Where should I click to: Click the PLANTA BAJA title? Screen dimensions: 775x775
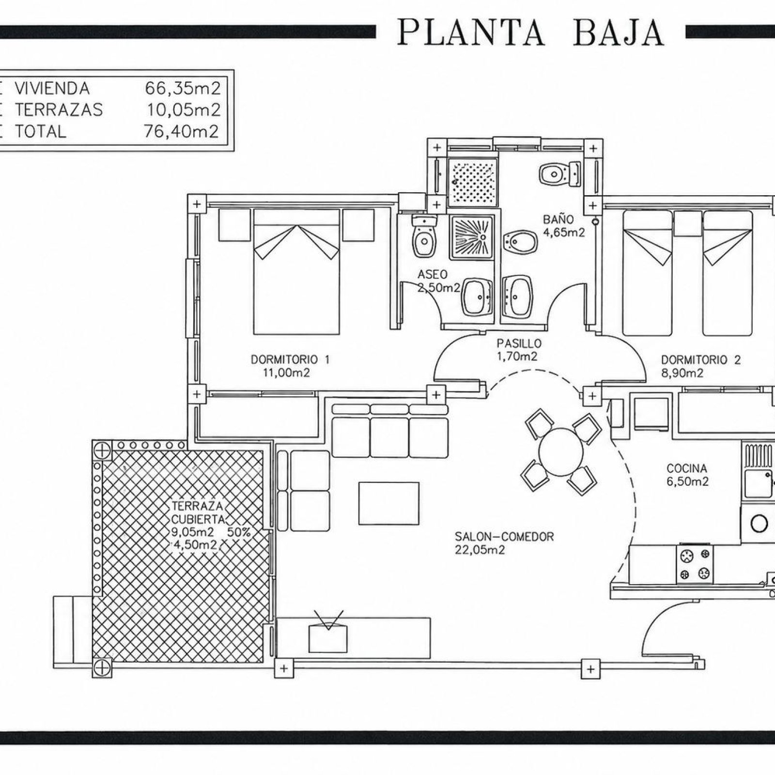[530, 32]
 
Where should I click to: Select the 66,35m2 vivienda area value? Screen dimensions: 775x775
[183, 88]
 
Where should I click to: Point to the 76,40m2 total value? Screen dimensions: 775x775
[182, 131]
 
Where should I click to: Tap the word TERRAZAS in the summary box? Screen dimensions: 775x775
[59, 110]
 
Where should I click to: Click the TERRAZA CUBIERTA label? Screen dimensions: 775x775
[198, 512]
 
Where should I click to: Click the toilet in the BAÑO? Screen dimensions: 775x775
[560, 173]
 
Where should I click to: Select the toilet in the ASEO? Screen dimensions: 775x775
[425, 237]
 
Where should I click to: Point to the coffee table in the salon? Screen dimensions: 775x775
[389, 503]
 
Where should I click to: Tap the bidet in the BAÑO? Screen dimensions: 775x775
[521, 241]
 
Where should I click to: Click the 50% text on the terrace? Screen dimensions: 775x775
[239, 532]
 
